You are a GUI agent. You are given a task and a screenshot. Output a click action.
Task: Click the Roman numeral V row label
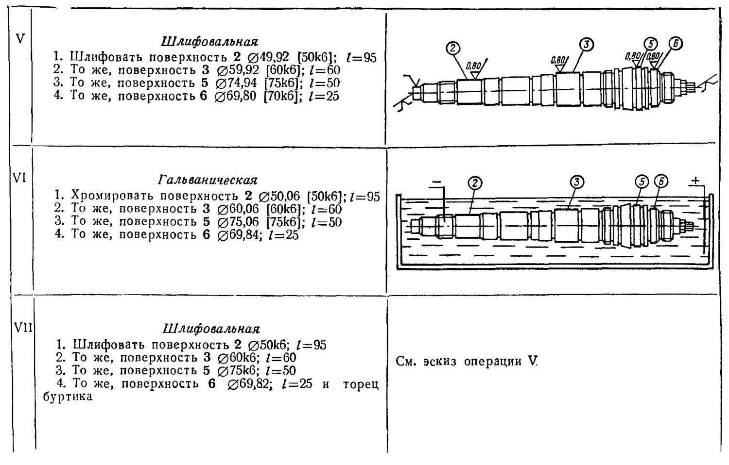click(x=20, y=38)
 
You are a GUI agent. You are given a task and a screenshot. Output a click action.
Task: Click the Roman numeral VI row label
click(x=19, y=178)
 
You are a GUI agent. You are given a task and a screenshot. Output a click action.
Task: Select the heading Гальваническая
click(x=208, y=181)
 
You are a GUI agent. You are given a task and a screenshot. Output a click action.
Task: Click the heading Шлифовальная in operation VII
click(x=211, y=329)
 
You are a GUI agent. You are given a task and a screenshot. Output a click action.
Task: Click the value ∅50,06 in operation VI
click(x=280, y=196)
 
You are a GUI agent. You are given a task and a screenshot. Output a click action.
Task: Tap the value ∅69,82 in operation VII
click(x=248, y=384)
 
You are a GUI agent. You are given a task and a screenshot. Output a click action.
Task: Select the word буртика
click(x=68, y=397)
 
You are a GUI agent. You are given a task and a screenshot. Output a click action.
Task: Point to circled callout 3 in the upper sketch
click(x=587, y=45)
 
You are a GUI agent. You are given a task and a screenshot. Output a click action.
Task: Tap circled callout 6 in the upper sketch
click(x=675, y=43)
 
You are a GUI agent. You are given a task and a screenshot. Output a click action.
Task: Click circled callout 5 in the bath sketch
click(x=642, y=182)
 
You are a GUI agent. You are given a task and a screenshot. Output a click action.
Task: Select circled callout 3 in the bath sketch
click(x=577, y=182)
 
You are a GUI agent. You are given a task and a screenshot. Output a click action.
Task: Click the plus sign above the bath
click(x=695, y=181)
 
